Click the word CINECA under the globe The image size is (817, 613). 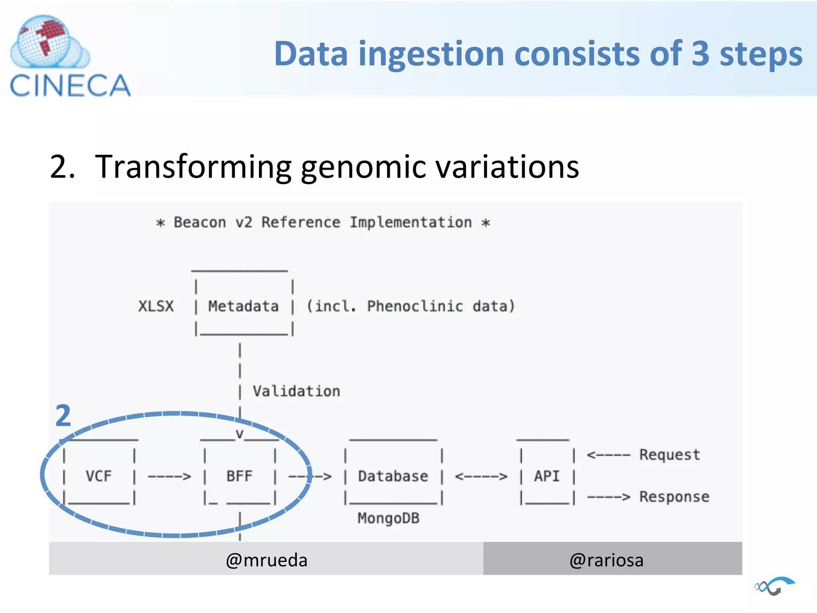70,85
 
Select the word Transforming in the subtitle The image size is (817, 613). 193,167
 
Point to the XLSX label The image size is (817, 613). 156,306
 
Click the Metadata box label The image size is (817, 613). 243,306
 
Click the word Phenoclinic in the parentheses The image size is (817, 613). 415,306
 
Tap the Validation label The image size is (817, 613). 296,392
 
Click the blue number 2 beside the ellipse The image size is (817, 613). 63,416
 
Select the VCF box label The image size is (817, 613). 99,476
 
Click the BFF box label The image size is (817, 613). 239,476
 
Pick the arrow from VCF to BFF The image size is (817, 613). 169,477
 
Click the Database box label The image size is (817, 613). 393,476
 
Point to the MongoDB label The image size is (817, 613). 388,518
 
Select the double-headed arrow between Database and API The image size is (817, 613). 481,477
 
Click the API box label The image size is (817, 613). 547,476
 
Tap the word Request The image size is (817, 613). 669,455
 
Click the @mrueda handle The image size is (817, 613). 266,560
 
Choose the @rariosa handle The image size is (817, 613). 606,560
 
